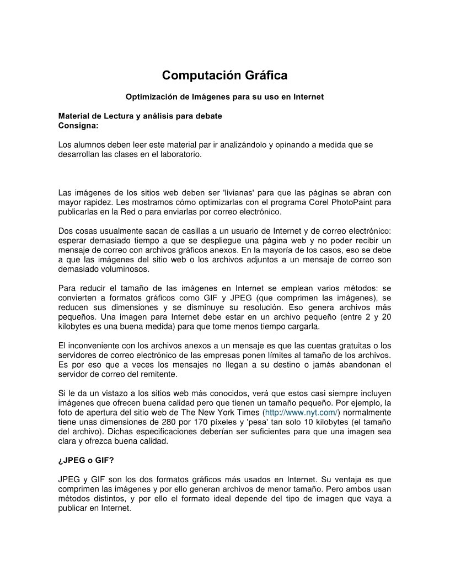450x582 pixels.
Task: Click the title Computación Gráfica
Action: [x=224, y=75]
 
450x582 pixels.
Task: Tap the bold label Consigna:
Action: [x=78, y=125]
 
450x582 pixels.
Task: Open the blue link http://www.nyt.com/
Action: [x=302, y=412]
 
